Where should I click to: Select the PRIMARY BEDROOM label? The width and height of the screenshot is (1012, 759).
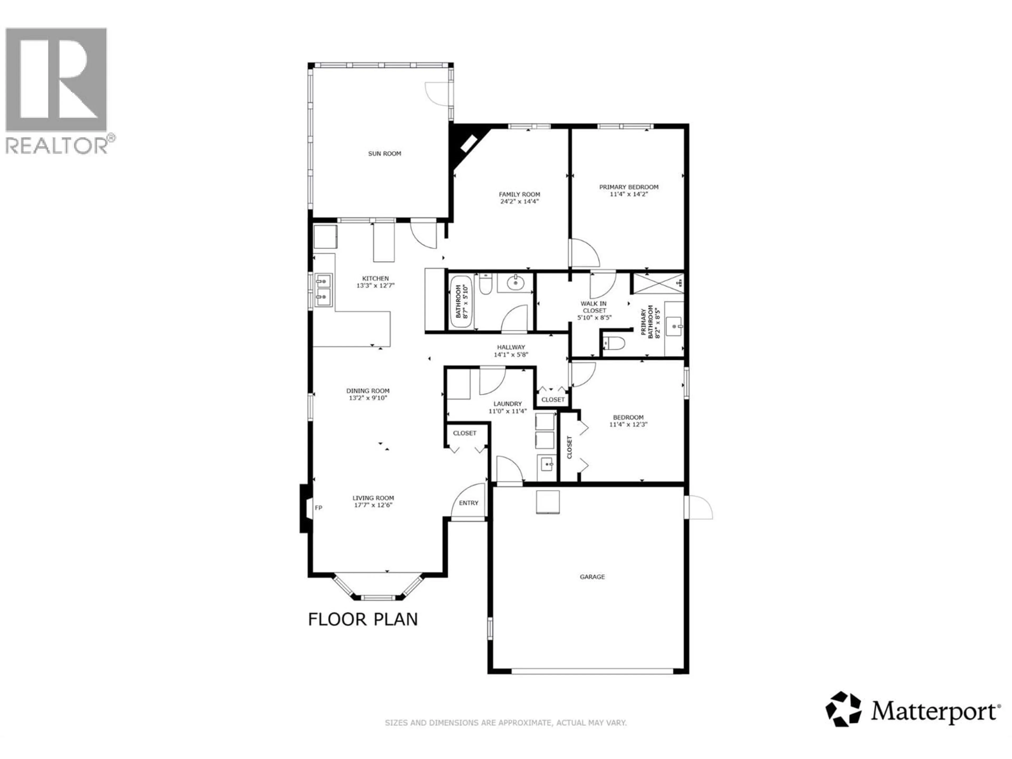629,187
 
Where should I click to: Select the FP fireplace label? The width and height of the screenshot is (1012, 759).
318,508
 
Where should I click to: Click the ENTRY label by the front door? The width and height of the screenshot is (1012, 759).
469,503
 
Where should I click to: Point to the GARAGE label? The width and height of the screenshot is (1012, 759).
592,577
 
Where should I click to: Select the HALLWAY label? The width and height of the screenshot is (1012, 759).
511,347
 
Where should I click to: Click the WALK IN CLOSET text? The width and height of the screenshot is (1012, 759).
594,307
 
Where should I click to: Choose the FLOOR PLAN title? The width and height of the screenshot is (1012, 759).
363,620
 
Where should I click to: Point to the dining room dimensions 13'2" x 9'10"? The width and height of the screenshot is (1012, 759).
368,398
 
